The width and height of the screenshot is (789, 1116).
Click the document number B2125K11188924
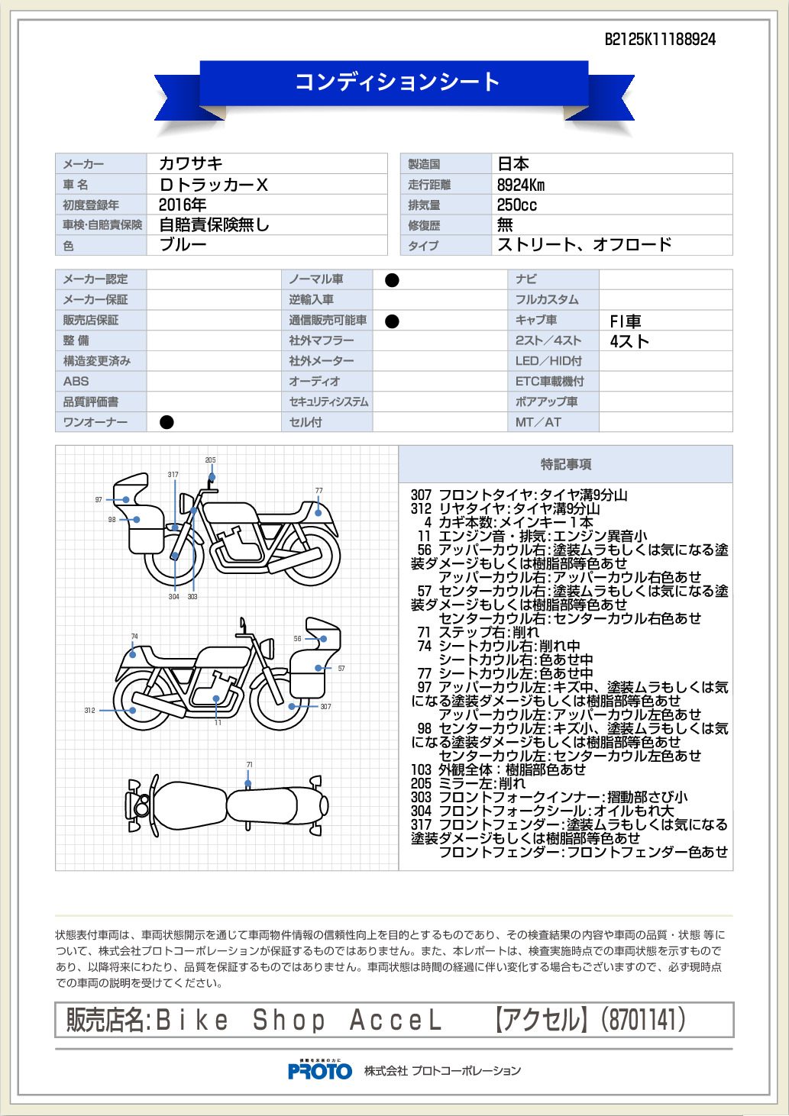point(660,40)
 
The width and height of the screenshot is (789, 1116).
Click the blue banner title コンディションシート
point(396,82)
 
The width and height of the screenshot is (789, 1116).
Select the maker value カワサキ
point(191,163)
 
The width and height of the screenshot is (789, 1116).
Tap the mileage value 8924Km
point(521,185)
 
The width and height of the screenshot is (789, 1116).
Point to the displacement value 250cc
point(517,205)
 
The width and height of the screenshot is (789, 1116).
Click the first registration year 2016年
point(183,205)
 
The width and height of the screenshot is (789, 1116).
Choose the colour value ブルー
point(183,245)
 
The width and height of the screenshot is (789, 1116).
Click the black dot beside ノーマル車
point(393,280)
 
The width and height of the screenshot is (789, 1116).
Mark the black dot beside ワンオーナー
point(167,422)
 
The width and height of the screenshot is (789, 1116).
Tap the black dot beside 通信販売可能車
point(393,321)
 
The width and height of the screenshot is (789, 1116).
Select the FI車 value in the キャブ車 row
point(626,321)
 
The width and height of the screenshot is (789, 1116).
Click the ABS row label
point(76,381)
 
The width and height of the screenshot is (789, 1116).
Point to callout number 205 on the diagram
point(210,460)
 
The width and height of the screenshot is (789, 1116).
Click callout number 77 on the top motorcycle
point(319,490)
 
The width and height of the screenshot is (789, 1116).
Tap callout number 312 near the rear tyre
point(89,711)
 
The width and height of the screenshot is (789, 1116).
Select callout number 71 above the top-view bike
point(249,764)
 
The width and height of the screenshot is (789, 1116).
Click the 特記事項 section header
point(566,464)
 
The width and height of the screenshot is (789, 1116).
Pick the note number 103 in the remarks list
point(421,769)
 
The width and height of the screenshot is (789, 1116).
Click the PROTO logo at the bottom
point(320,1071)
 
